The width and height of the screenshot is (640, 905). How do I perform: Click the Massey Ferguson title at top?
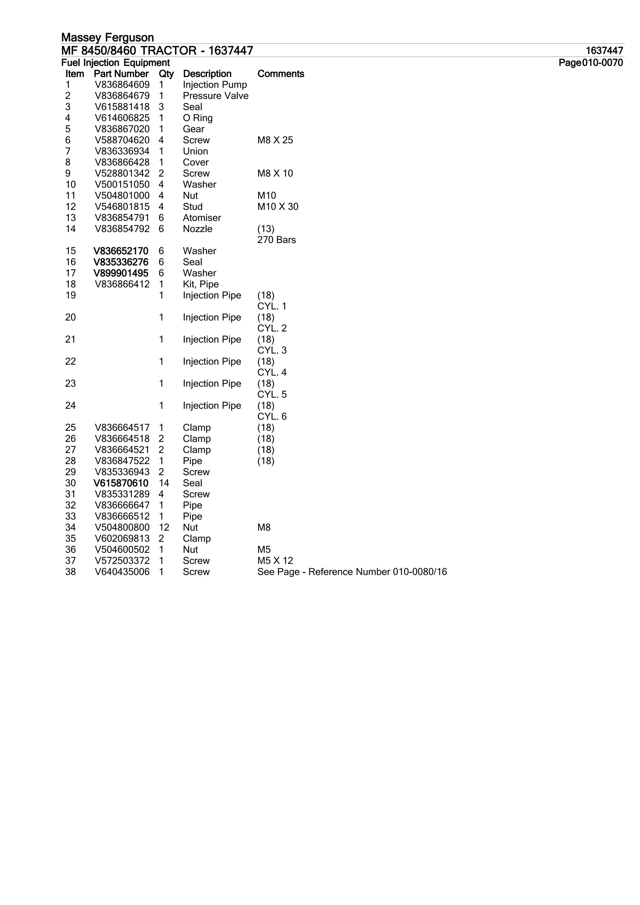(x=107, y=37)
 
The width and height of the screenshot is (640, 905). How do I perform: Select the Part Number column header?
(x=121, y=74)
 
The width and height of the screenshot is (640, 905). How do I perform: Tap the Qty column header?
(x=166, y=74)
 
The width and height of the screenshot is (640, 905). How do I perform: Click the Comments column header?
(x=280, y=74)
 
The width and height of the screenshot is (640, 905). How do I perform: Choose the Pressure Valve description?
(x=216, y=96)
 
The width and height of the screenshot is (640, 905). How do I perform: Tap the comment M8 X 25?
(x=275, y=140)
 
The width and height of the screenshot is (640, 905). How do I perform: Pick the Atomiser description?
(x=202, y=218)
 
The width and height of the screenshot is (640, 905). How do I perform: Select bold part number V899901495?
(x=121, y=273)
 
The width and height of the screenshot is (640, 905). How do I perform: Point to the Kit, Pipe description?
(x=201, y=284)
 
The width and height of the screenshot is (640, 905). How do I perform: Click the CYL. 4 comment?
(x=272, y=373)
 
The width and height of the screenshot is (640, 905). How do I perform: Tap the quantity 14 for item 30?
(x=164, y=483)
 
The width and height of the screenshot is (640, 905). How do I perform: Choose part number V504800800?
(x=122, y=527)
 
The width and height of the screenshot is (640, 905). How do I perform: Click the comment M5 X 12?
(x=275, y=561)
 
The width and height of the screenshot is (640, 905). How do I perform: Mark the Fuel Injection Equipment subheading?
(x=116, y=63)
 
